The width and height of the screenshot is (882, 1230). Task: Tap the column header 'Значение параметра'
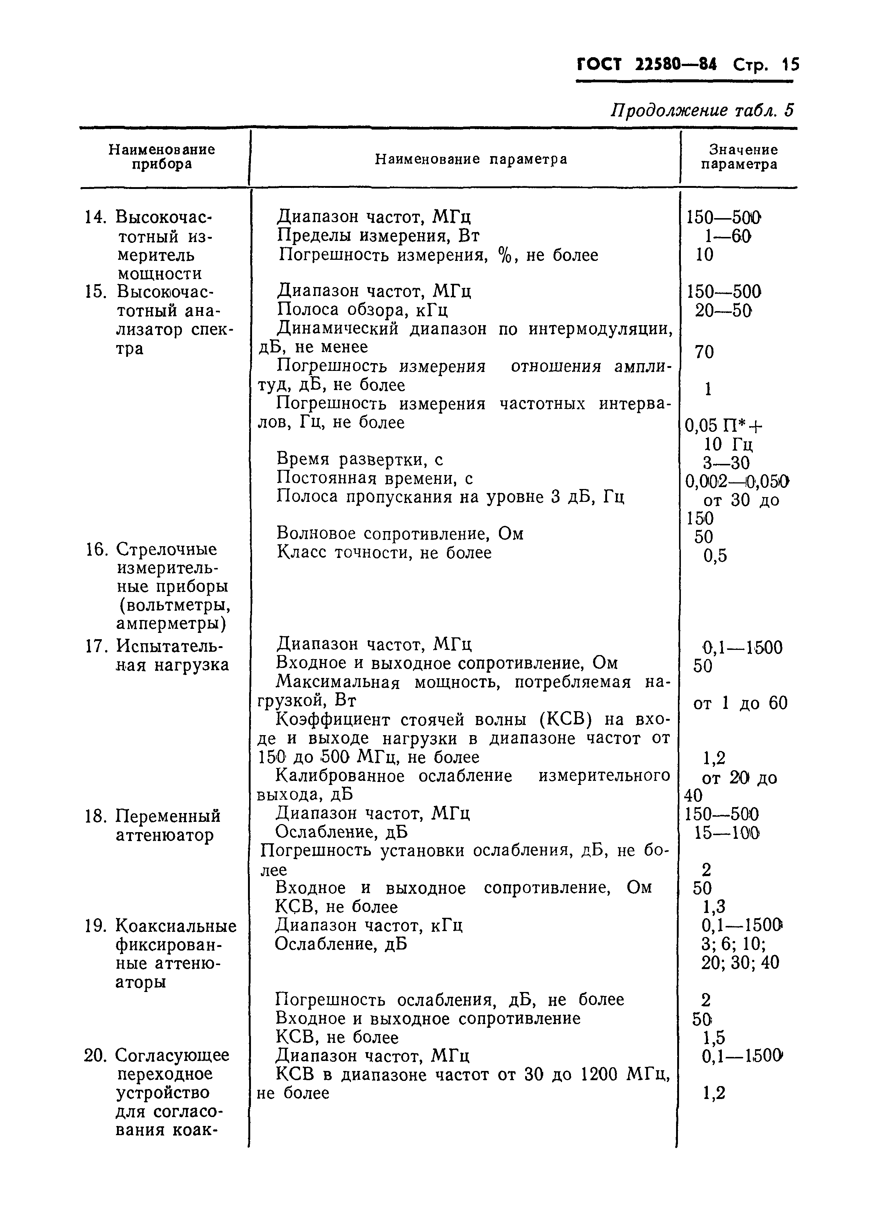(739, 157)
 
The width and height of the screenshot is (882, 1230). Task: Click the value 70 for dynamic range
(704, 352)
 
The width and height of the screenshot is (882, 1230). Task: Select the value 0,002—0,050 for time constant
(737, 481)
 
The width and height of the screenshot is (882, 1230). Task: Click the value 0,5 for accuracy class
(715, 556)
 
